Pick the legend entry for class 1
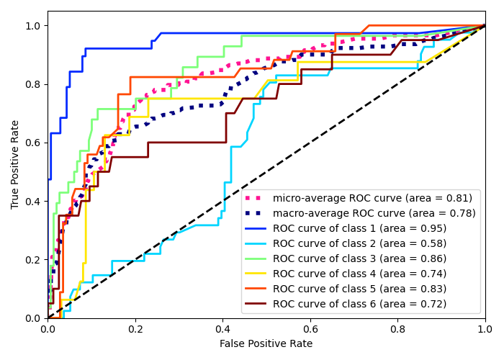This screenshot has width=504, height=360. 359,228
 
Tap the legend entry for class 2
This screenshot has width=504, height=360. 359,243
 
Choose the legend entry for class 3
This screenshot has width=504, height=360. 359,258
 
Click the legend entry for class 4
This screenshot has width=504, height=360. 359,274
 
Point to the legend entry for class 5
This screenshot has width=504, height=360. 359,289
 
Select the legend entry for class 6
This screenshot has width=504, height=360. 359,304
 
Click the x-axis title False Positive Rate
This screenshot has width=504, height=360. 266,344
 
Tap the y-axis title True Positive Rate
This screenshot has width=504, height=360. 16,164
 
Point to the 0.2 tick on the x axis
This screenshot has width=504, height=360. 135,329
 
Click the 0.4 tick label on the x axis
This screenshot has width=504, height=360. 222,329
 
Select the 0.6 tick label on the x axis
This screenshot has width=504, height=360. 310,329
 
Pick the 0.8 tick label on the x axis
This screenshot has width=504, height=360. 397,329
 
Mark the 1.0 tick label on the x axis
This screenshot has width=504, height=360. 485,329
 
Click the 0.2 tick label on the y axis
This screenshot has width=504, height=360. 34,259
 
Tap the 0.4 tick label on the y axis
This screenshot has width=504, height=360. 34,201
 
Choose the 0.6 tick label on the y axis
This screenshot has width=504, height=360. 34,143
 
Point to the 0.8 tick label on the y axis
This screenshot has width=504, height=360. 34,84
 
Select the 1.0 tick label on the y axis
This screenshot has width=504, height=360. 34,26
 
